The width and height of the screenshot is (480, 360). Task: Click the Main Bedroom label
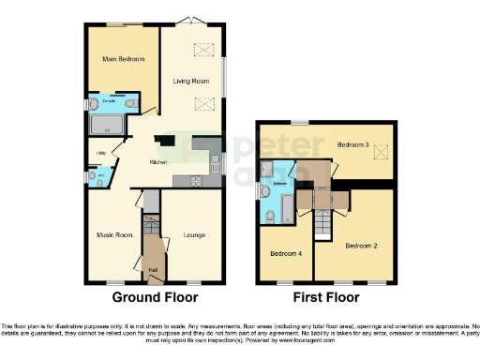123,60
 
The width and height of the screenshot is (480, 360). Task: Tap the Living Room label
188,82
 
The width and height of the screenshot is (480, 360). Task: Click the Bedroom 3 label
352,144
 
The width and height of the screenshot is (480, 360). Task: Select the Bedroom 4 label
285,253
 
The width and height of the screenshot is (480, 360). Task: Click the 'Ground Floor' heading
155,298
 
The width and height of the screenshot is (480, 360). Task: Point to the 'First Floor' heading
326,298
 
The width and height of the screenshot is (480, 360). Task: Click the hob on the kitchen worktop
198,180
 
